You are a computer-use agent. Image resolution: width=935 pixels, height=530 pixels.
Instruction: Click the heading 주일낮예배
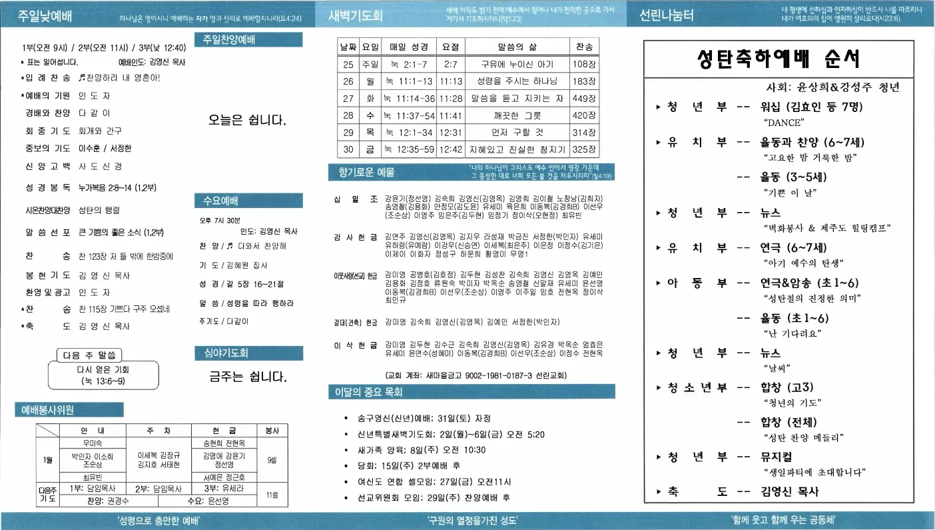click(45, 16)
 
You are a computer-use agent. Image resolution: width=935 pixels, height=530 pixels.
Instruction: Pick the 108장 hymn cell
click(583, 64)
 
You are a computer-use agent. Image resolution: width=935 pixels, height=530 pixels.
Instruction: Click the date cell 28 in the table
click(348, 115)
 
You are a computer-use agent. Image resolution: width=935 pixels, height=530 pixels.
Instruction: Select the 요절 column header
click(450, 47)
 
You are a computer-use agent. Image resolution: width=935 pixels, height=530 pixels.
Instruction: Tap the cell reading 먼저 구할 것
click(517, 133)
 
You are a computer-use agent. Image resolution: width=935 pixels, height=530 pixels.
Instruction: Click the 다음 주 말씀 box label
click(89, 355)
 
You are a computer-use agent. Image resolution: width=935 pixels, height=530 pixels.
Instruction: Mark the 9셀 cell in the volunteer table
click(272, 460)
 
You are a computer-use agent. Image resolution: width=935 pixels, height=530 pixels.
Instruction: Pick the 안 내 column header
click(92, 431)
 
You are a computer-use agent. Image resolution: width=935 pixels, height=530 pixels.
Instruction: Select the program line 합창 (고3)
click(787, 387)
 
